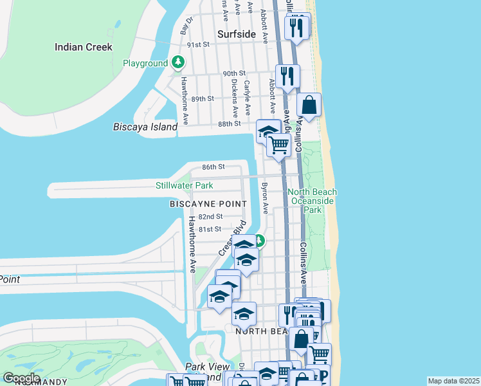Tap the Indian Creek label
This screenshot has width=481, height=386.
[84, 47]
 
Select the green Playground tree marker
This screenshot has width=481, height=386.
[178, 63]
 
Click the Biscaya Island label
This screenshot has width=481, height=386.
[145, 127]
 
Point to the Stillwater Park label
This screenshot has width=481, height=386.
[185, 186]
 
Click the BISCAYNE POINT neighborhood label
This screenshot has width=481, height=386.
[208, 203]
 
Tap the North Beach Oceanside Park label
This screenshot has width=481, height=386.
[312, 201]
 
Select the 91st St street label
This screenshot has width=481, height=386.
[199, 44]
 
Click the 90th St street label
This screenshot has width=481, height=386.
[234, 73]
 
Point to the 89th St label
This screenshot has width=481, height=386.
[202, 98]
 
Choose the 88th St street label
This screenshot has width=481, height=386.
[229, 124]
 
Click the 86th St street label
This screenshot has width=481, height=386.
[213, 167]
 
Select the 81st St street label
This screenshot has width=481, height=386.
[210, 229]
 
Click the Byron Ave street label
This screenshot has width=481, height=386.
[264, 198]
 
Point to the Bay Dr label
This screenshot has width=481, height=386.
[187, 25]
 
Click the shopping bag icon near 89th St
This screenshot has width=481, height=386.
[309, 104]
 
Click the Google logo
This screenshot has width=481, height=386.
[21, 378]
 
